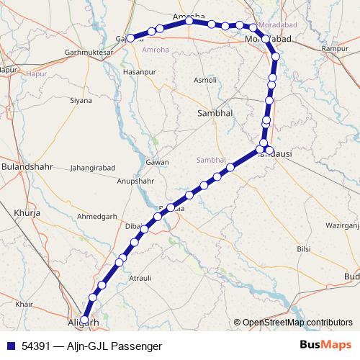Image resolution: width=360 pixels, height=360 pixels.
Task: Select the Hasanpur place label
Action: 139,73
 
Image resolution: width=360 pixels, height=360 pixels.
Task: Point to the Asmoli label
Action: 205,80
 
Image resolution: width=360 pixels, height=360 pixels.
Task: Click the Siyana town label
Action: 81,100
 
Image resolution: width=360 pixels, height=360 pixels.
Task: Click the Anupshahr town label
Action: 135,181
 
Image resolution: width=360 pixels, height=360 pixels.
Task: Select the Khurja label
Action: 25,213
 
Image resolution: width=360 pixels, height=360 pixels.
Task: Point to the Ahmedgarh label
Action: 97,217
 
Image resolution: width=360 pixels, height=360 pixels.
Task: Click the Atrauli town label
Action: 140,277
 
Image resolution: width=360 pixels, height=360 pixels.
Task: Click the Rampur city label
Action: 335,48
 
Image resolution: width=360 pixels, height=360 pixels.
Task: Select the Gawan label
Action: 157,162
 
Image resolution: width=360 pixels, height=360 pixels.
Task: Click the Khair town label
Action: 24,305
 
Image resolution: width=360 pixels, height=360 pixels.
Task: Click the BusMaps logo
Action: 325,346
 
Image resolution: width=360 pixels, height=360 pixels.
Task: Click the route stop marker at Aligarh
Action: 85,320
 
